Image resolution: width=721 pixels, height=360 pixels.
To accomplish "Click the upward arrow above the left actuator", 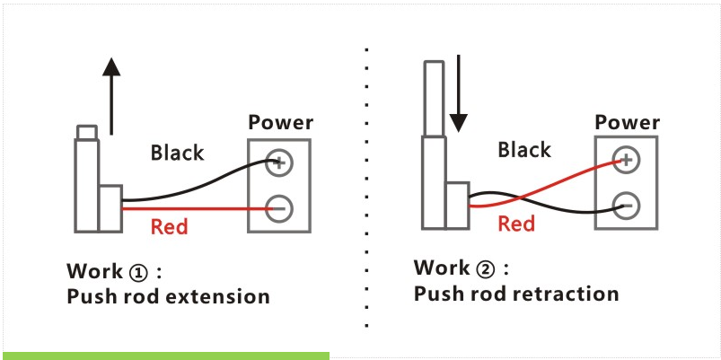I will pyautogui.click(x=110, y=94).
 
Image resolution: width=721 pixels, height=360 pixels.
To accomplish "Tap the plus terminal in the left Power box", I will pyautogui.click(x=278, y=162).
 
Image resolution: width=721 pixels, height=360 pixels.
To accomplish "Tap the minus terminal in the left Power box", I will pyautogui.click(x=278, y=208).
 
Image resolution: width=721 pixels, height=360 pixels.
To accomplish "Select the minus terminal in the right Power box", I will pyautogui.click(x=625, y=206).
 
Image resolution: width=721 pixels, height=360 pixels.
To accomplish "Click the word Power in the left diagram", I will pyautogui.click(x=280, y=123).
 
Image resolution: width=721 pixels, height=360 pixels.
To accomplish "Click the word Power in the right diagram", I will pyautogui.click(x=627, y=123).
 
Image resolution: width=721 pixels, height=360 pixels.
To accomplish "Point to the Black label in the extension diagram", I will pyautogui.click(x=177, y=153).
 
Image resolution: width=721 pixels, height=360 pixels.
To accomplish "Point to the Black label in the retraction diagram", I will pyautogui.click(x=524, y=150).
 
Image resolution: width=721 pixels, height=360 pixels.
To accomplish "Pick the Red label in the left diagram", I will pyautogui.click(x=169, y=227).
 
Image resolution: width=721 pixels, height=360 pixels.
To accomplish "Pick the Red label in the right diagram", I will pyautogui.click(x=516, y=224).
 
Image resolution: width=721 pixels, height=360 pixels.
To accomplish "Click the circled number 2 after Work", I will pyautogui.click(x=486, y=268).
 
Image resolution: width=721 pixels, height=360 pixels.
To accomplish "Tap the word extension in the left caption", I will pyautogui.click(x=220, y=296).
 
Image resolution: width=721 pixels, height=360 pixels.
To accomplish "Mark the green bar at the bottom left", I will pyautogui.click(x=165, y=356).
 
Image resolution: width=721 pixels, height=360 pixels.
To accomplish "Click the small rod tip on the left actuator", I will pyautogui.click(x=86, y=133).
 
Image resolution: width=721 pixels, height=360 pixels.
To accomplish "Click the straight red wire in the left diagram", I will pyautogui.click(x=198, y=209).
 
